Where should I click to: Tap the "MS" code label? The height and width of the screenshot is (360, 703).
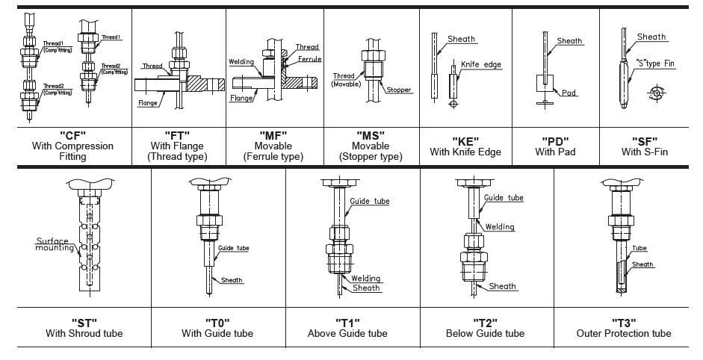[x=371, y=135]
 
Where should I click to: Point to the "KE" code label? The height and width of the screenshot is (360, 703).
[x=465, y=140]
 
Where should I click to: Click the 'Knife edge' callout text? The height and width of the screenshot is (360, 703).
[x=481, y=64]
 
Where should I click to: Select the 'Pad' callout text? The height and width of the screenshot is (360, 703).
[x=549, y=93]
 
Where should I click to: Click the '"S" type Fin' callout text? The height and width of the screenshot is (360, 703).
[x=655, y=63]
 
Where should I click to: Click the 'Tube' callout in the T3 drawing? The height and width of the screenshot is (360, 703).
[x=640, y=249]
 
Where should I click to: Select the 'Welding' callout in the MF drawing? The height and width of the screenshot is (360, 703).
[x=242, y=62]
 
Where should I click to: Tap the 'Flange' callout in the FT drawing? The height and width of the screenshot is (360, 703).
[x=147, y=104]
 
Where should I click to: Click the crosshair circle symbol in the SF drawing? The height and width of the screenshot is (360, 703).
[x=657, y=93]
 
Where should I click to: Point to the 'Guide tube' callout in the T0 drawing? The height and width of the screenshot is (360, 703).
[x=233, y=247]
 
